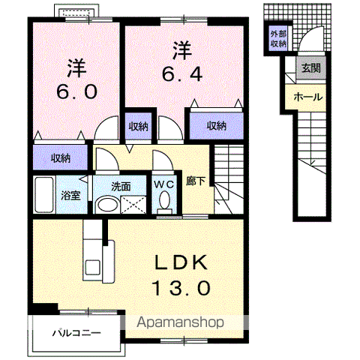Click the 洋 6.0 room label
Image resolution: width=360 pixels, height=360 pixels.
coord(76,79)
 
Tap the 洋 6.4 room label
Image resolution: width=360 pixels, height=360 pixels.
coord(182,61)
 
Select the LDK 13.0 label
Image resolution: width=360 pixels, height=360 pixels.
coord(181,274)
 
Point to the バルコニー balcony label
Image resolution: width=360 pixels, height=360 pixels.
coord(76,333)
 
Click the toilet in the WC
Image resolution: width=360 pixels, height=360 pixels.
coord(164,201)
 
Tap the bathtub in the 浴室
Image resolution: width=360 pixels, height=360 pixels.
coord(44,194)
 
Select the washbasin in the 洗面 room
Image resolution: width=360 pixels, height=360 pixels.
coord(108,205)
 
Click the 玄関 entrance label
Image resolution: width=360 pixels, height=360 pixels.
coord(311,67)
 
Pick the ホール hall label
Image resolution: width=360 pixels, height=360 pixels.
coord(308,97)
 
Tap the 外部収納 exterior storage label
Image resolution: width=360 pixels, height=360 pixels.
coord(278,39)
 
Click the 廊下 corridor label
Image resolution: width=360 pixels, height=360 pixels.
coord(196,181)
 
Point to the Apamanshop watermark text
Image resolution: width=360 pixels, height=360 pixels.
coord(180,322)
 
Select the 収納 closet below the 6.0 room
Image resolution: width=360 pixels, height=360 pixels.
coord(61,158)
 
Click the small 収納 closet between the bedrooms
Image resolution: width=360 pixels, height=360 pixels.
coord(139,127)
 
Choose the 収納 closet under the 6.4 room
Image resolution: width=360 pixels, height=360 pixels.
coord(217,125)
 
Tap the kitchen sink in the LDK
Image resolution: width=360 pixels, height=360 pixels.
coord(93,268)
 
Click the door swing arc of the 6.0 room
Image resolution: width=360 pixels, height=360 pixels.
coord(103,121)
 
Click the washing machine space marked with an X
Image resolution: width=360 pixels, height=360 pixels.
coord(133,205)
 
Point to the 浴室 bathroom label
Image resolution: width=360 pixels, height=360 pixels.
coord(71,195)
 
